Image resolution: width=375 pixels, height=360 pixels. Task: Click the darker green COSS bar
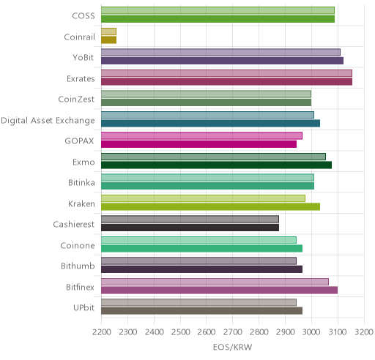[218, 19]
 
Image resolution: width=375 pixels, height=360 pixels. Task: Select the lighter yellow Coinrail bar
[108, 31]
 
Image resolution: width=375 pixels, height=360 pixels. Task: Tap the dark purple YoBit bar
[222, 61]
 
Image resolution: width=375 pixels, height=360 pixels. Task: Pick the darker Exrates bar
[226, 81]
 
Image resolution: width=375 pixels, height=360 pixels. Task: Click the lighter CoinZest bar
[206, 94]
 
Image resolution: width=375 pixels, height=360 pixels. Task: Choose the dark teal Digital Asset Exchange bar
[210, 123]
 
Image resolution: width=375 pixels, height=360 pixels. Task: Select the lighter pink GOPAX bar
[201, 135]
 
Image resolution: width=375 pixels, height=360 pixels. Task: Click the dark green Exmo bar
[216, 165]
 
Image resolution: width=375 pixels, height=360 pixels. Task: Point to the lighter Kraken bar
[203, 198]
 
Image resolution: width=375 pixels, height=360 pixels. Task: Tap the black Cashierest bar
[190, 228]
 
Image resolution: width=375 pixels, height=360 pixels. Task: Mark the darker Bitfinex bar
[219, 290]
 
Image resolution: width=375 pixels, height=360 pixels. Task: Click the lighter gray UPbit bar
[198, 302]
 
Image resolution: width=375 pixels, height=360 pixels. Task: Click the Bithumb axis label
[78, 266]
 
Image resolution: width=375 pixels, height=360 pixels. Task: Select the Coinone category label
[78, 245]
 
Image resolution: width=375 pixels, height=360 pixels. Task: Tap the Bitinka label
[81, 183]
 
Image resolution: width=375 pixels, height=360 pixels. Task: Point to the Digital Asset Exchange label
[48, 121]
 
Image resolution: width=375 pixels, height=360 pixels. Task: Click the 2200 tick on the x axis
[102, 332]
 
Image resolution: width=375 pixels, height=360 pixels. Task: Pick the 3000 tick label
[311, 332]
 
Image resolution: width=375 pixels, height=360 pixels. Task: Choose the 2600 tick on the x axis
[207, 332]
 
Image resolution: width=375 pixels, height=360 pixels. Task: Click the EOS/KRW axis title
[232, 347]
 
